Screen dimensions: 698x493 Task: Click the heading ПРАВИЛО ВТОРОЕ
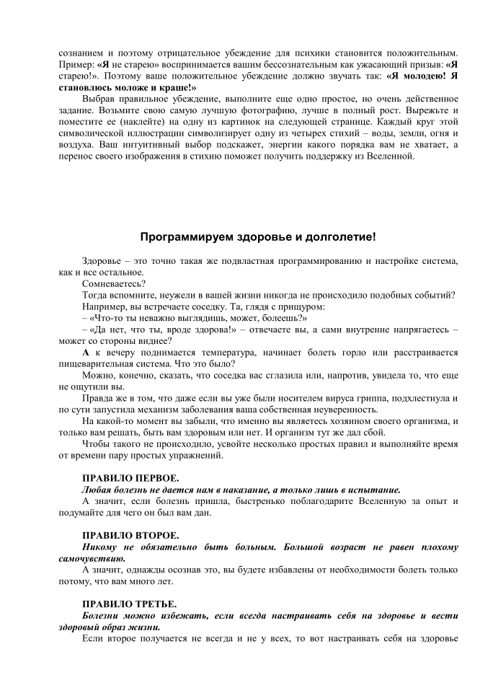pos(130,536)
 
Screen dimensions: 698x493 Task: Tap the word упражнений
pos(188,456)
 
